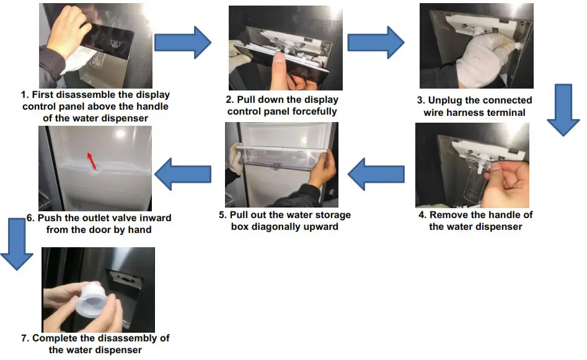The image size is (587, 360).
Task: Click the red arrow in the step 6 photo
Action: tap(91, 161)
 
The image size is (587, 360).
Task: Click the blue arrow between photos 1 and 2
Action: tap(183, 43)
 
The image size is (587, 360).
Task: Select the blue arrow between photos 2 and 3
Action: tap(376, 43)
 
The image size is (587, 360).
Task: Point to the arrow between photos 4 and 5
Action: tap(376, 175)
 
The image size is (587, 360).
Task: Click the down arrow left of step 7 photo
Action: tap(16, 243)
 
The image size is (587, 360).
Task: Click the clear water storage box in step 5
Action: tap(283, 159)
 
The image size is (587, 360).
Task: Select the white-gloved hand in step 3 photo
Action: tap(477, 59)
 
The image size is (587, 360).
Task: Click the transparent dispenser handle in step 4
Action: tap(477, 183)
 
